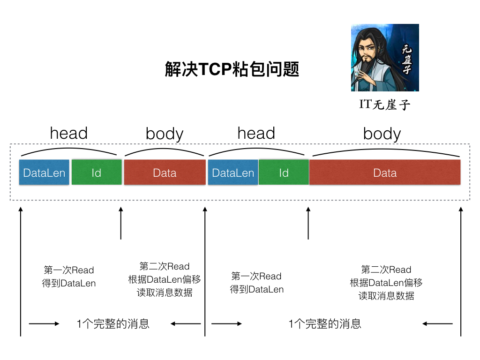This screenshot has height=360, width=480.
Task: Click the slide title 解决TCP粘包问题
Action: pos(232,69)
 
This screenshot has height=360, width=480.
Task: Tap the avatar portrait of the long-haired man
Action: pos(385,58)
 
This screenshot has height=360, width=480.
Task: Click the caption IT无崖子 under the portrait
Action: pos(385,104)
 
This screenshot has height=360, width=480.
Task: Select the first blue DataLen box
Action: pos(44,172)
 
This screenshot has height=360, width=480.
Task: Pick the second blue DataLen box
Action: pos(233,172)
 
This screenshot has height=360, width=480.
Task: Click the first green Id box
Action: pos(97,172)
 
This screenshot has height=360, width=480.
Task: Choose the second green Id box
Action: pos(284,172)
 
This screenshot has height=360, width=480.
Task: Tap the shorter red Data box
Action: pos(165,172)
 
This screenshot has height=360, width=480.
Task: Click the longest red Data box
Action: pos(385,172)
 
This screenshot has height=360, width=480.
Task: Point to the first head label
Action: pos(68,133)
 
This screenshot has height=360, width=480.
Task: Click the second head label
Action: pos(256,133)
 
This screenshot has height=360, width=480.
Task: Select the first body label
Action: pos(165,134)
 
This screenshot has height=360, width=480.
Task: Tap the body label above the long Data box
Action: pos(382,134)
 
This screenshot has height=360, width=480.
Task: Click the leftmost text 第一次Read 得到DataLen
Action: pos(69,277)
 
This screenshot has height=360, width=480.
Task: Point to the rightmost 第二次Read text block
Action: pos(386,282)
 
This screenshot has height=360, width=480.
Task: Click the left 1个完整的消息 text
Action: pos(113,323)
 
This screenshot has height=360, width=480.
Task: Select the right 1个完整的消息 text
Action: pos(325,323)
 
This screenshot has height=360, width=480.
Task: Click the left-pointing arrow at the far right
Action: pos(437,323)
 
